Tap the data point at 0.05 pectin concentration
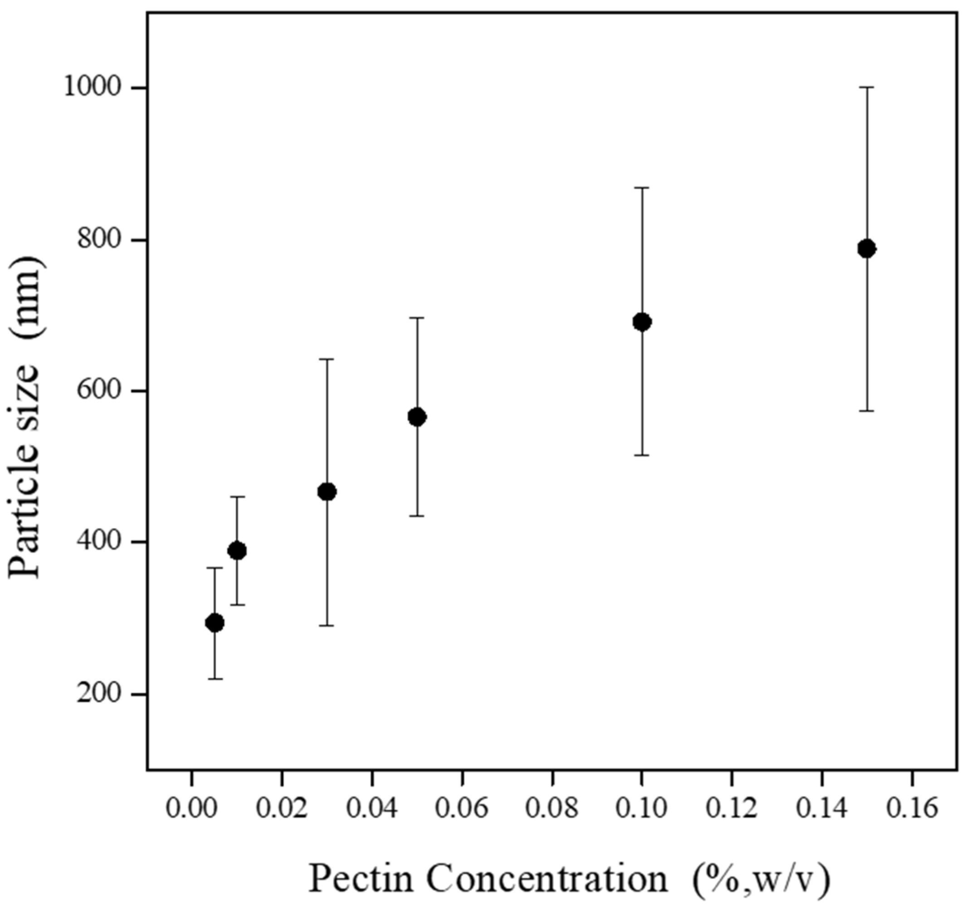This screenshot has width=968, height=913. pos(417,417)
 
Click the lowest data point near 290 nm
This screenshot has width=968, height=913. pos(215,623)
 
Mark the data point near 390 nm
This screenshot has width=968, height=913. pos(237,551)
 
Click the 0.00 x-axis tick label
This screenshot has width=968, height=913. pos(191,809)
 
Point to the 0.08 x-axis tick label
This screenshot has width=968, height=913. pos(552,809)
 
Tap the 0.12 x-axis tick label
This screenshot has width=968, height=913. pos(731,809)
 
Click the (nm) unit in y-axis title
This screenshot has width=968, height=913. pos(28,297)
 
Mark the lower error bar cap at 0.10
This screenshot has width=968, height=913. pos(642,455)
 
